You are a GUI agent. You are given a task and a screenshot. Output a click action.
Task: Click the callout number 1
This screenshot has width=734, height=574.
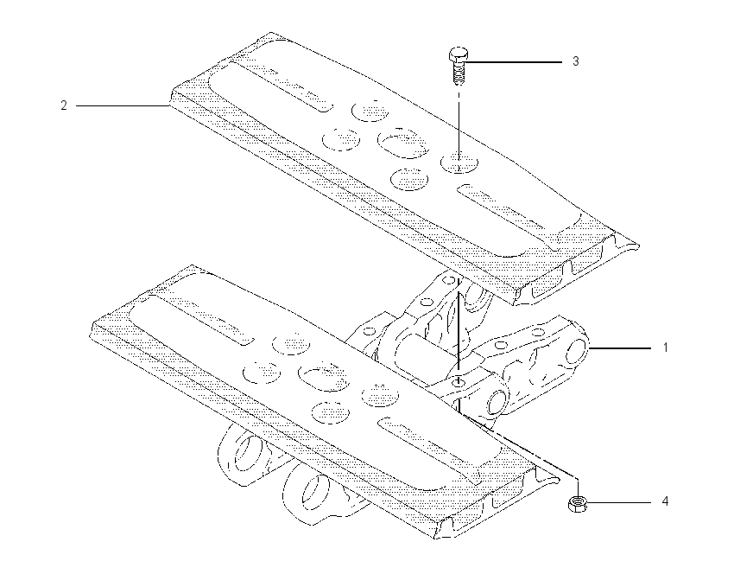click(665, 348)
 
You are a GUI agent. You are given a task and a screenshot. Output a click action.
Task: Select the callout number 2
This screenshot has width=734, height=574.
click(64, 105)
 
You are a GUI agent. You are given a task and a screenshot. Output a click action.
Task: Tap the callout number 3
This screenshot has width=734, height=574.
click(576, 61)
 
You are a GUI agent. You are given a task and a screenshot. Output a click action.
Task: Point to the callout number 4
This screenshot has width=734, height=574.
click(665, 502)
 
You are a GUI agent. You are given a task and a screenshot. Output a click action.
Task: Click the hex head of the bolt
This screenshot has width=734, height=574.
click(458, 54)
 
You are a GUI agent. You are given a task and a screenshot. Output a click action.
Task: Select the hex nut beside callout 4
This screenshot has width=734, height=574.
click(577, 504)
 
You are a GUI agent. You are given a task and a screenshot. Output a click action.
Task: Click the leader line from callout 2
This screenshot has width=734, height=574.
click(123, 106)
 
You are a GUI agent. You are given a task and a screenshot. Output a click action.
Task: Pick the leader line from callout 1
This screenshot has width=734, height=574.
click(620, 348)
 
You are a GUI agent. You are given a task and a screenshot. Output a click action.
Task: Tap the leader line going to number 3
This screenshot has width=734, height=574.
click(514, 62)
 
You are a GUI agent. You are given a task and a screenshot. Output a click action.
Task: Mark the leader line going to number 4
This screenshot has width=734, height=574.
click(618, 503)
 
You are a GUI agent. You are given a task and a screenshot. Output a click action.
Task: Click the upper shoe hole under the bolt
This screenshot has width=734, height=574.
click(459, 163)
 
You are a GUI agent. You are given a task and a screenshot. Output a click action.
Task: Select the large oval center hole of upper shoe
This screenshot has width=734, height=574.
click(403, 142)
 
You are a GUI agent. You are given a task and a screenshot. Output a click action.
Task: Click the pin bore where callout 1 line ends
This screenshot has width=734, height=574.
click(577, 352)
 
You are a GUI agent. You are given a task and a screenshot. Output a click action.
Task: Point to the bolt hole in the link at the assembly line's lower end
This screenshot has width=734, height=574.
click(459, 383)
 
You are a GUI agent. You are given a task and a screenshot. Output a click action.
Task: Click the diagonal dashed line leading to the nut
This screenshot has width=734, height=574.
click(520, 447)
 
